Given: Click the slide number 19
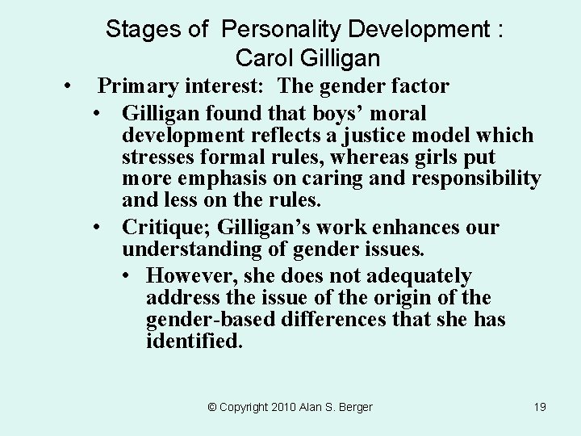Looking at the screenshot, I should click(x=540, y=407).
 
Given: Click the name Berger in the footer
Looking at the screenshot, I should click(x=354, y=407).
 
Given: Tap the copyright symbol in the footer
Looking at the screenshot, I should click(x=212, y=407).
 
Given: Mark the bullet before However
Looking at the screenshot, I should click(x=129, y=277).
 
